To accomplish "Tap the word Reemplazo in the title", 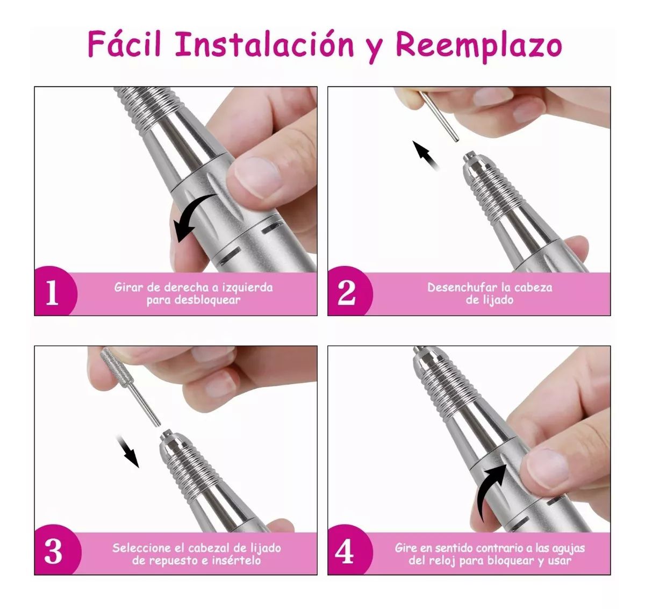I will (478, 45).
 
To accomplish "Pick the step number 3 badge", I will (53, 552).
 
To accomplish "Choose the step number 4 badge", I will (345, 552).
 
